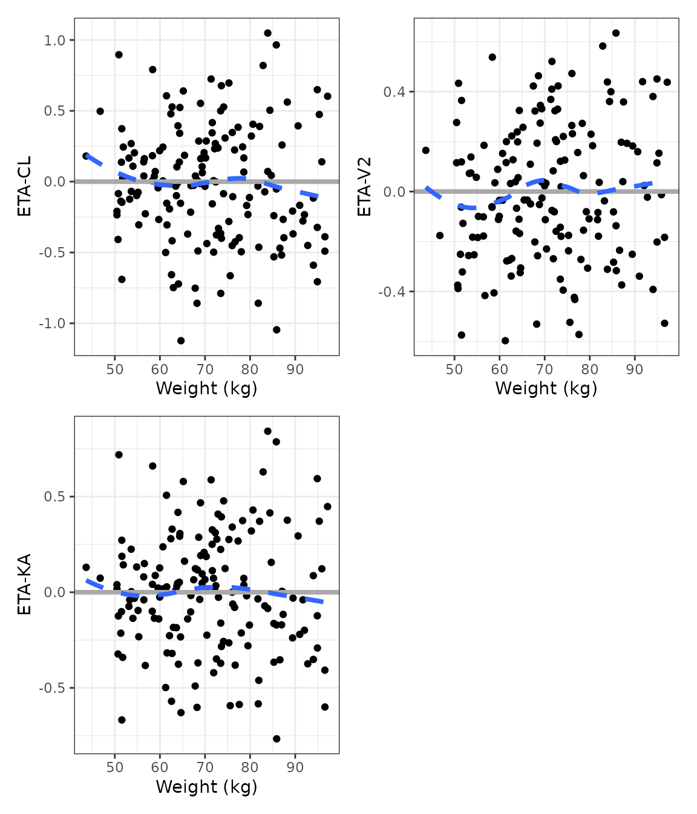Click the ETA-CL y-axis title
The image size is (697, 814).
[24, 187]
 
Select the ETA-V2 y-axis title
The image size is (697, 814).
[364, 187]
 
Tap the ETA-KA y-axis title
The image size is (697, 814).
[24, 584]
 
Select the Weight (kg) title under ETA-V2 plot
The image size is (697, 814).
[546, 388]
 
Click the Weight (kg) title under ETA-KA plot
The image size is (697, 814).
[206, 787]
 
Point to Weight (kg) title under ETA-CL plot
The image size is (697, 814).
[206, 388]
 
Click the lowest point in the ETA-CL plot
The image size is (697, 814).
[180, 340]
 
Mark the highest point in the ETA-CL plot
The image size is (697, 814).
[267, 33]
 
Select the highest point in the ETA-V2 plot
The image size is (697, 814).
[616, 33]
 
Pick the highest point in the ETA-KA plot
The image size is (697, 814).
[267, 431]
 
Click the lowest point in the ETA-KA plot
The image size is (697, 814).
[277, 739]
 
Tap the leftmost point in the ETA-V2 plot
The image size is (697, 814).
[426, 150]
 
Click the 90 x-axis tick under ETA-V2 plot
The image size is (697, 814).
[635, 370]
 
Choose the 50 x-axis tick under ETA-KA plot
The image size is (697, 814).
[115, 768]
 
